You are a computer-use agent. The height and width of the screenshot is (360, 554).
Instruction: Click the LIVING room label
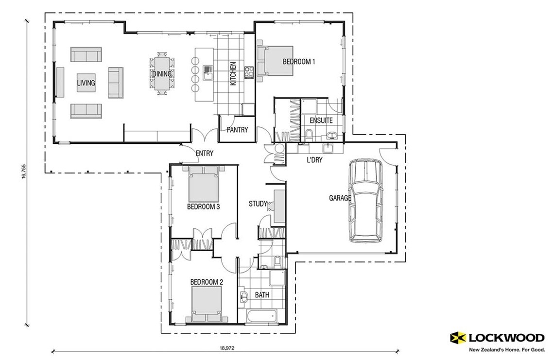click(x=86, y=83)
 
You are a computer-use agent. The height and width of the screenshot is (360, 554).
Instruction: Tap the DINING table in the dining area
click(x=162, y=74)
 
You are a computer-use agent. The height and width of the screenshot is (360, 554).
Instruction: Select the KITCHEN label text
click(x=233, y=73)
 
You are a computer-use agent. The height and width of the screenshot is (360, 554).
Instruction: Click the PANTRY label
click(x=237, y=130)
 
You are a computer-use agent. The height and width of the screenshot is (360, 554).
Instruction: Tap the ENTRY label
click(x=204, y=154)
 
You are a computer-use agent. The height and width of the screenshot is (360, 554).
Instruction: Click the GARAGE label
click(x=340, y=198)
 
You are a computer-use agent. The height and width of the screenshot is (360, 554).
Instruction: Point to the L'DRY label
click(x=314, y=159)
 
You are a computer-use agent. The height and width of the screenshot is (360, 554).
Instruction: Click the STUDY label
click(x=258, y=204)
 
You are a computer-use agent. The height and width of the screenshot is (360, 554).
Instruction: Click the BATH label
click(x=262, y=295)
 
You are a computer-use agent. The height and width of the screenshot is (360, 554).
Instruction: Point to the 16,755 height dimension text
click(x=23, y=173)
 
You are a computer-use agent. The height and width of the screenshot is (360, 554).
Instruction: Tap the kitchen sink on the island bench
click(x=208, y=73)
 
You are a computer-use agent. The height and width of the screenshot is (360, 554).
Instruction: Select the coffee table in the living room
click(x=86, y=83)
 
